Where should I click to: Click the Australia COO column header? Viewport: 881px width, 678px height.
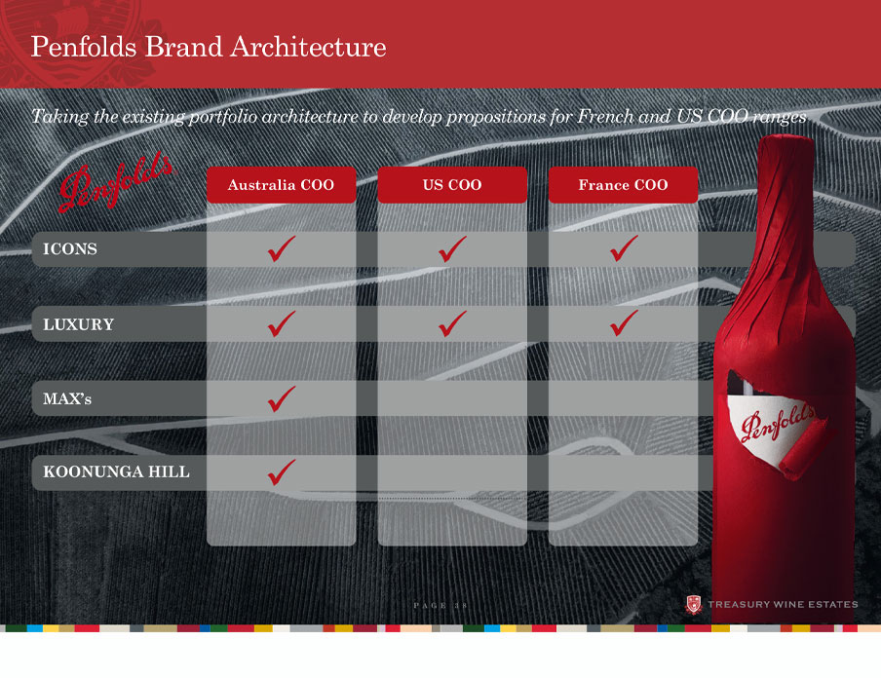(281, 185)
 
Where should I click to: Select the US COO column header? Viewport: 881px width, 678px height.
(452, 185)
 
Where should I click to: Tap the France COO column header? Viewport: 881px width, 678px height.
(623, 185)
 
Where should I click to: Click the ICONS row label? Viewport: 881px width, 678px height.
(70, 248)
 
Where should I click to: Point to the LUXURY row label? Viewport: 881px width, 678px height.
(79, 324)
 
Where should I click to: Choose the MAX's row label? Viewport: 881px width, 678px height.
(67, 398)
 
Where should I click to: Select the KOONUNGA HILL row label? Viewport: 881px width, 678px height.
(116, 471)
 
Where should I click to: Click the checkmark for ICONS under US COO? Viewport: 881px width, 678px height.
(452, 249)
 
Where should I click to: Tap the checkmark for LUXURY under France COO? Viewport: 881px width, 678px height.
(623, 323)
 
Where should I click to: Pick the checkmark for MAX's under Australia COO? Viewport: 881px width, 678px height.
(281, 398)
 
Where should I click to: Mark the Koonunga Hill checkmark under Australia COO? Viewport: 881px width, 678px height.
(281, 472)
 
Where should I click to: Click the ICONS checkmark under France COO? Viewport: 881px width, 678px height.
(623, 248)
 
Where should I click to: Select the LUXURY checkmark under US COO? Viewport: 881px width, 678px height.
(452, 323)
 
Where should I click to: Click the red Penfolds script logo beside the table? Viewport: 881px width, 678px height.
(115, 182)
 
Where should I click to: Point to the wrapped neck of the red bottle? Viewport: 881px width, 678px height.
(785, 207)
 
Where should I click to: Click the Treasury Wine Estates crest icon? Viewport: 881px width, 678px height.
(694, 605)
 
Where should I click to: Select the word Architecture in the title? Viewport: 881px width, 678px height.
(309, 47)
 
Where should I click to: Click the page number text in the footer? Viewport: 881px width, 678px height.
(440, 606)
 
